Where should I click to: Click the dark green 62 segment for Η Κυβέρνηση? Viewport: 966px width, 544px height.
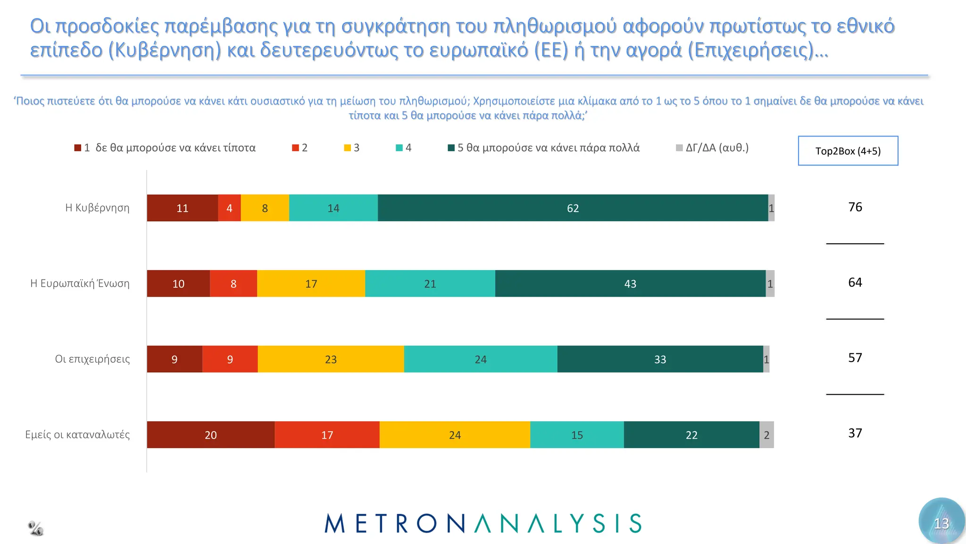pyautogui.click(x=573, y=208)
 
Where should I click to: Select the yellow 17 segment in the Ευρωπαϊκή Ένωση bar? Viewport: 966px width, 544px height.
pyautogui.click(x=311, y=284)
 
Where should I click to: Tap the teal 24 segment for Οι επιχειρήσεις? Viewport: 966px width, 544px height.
pyautogui.click(x=480, y=359)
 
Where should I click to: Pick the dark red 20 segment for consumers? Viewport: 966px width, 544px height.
pyautogui.click(x=210, y=435)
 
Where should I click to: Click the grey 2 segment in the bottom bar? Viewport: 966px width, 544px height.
pyautogui.click(x=766, y=435)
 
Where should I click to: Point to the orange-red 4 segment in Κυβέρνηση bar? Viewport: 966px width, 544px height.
pyautogui.click(x=229, y=208)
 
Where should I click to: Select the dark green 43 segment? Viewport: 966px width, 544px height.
pyautogui.click(x=630, y=284)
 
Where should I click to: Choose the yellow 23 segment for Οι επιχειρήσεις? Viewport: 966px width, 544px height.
pyautogui.click(x=331, y=359)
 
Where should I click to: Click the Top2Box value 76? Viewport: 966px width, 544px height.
pyautogui.click(x=855, y=207)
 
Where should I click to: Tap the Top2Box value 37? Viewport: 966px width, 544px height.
pyautogui.click(x=855, y=433)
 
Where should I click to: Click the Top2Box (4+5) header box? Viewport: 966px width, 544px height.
pyautogui.click(x=848, y=151)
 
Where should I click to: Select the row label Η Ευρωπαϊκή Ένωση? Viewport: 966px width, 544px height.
pyautogui.click(x=80, y=283)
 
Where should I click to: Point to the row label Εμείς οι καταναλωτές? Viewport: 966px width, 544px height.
pyautogui.click(x=77, y=434)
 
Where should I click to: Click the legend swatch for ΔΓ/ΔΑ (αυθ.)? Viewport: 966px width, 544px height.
pyautogui.click(x=679, y=148)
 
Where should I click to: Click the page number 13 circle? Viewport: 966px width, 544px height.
pyautogui.click(x=941, y=522)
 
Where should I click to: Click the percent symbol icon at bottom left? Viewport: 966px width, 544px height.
pyautogui.click(x=35, y=528)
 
